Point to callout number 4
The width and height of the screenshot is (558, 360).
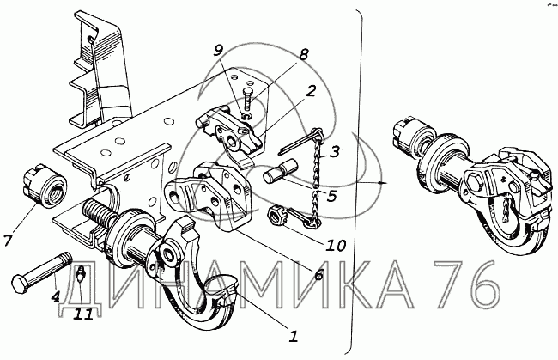click(x=57, y=297)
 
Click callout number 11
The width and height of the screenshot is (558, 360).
click(x=82, y=314)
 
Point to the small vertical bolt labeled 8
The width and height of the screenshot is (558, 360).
click(x=246, y=94)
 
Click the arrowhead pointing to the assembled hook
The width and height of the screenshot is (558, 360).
click(x=380, y=183)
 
